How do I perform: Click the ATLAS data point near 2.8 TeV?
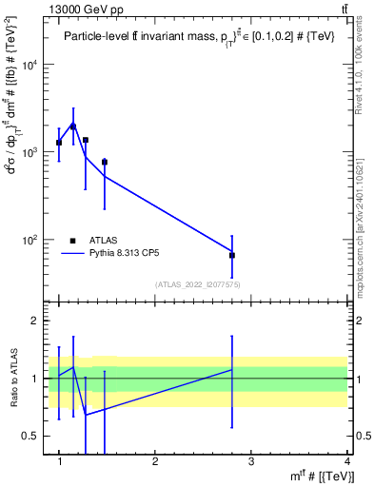click(x=232, y=255)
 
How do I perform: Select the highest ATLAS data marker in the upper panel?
click(x=73, y=126)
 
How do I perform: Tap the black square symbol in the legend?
click(x=73, y=241)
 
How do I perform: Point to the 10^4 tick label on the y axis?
click(x=30, y=65)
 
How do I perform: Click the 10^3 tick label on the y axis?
click(x=30, y=152)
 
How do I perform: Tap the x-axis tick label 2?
click(x=155, y=461)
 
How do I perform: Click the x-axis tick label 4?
click(x=346, y=461)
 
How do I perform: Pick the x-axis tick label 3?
click(x=250, y=461)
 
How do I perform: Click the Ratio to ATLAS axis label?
click(x=12, y=378)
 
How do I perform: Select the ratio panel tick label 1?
click(x=38, y=379)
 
